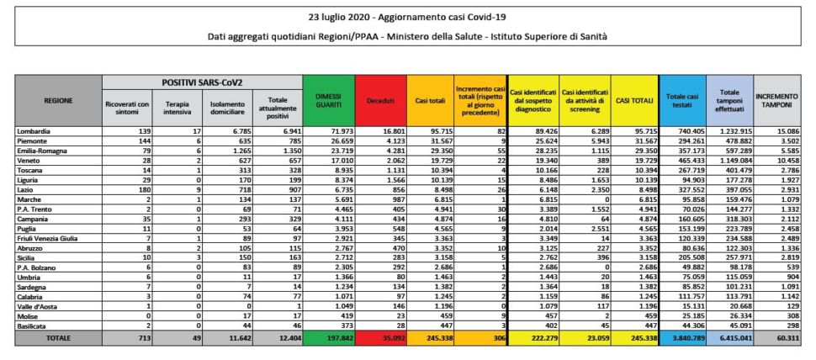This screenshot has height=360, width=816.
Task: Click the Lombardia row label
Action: (x=34, y=131)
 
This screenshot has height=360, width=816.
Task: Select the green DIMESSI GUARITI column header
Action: (x=329, y=100)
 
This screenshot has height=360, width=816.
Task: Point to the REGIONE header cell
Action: (x=57, y=100)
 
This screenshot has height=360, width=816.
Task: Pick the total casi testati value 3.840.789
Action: (x=680, y=336)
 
